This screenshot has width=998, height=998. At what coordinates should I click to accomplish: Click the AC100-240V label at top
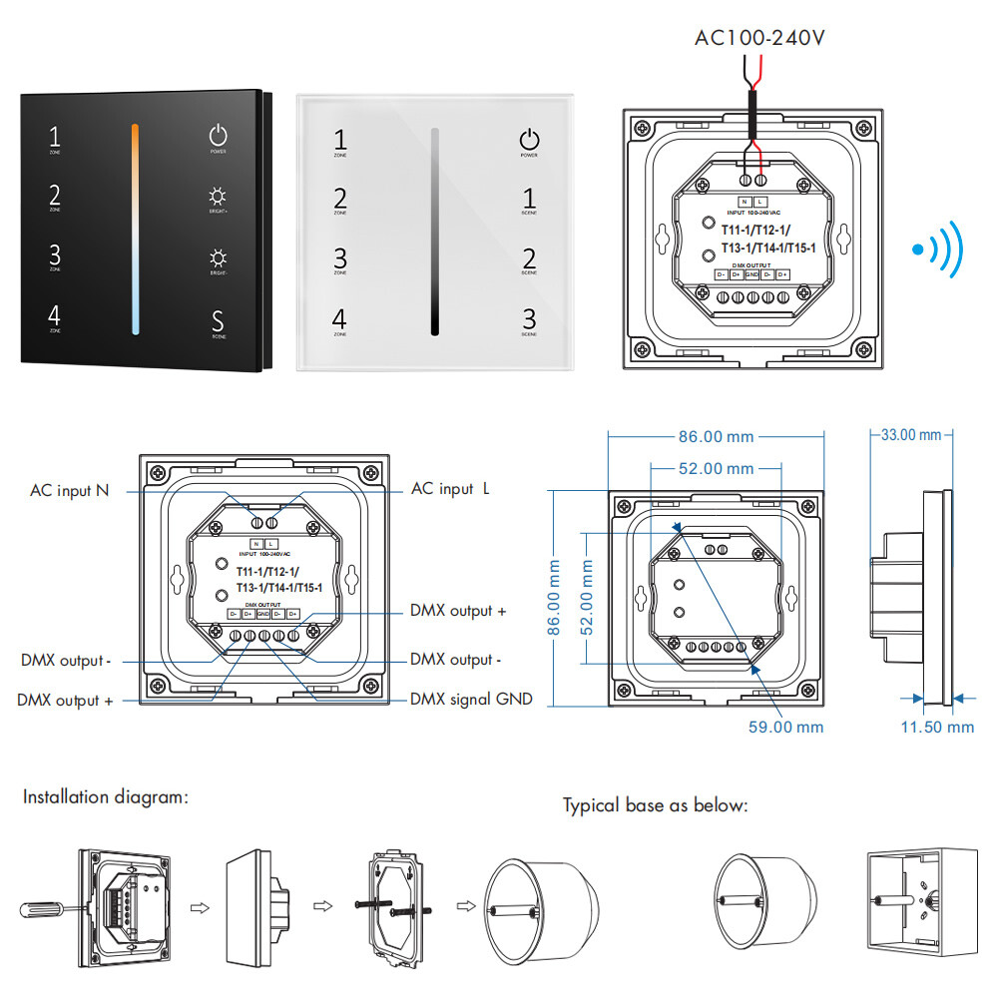759,39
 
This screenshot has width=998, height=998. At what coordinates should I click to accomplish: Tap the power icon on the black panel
218,136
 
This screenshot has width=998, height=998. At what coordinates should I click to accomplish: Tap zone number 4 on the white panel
339,319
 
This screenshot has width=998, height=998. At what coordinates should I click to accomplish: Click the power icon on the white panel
529,140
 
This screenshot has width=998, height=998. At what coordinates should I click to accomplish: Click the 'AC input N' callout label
69,490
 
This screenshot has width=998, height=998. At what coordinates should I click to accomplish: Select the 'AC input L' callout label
450,489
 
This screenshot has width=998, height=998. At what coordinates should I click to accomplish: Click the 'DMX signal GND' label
471,700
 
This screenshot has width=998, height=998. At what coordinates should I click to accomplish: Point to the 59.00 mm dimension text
786,727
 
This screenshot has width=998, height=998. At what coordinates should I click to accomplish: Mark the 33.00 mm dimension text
911,435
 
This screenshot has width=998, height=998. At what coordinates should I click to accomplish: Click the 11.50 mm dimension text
937,727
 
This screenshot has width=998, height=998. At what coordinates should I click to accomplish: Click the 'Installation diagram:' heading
105,797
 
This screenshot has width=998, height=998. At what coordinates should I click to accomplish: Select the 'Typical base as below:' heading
655,805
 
